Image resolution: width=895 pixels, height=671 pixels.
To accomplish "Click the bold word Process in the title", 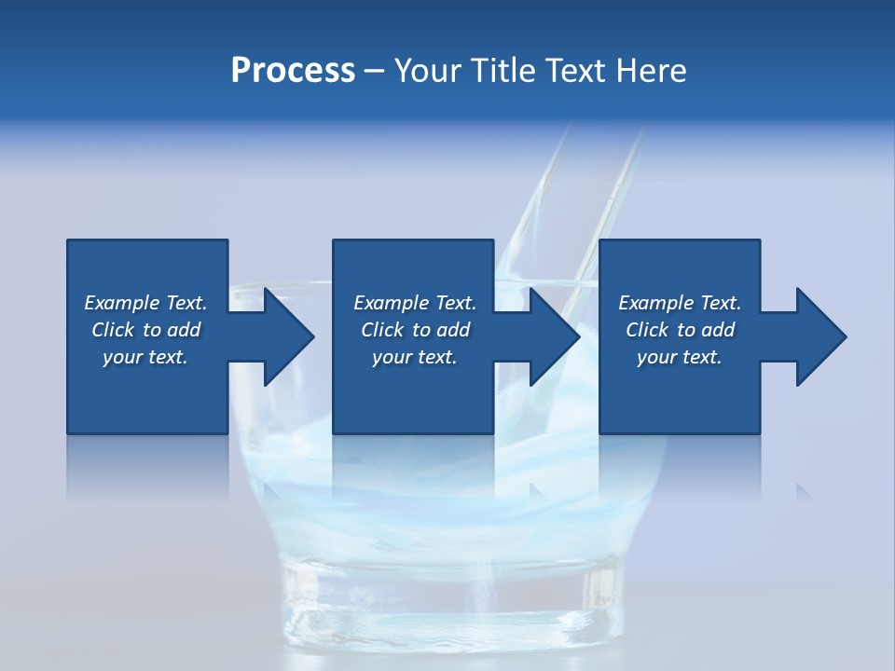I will (x=293, y=71).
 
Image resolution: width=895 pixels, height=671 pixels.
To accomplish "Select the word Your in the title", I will (x=430, y=71).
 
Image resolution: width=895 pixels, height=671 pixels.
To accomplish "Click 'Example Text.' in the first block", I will (x=145, y=303).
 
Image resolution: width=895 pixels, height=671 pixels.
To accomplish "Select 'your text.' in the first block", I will (x=145, y=357).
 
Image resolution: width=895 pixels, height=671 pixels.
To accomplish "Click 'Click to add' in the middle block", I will (x=415, y=330).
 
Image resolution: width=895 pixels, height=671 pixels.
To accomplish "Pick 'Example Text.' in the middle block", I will (x=415, y=303).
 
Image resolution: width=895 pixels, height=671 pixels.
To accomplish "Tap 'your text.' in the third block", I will (x=680, y=357).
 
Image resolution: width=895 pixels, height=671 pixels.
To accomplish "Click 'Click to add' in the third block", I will (x=680, y=330).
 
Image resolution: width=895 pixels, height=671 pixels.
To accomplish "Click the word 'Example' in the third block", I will (x=655, y=303).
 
